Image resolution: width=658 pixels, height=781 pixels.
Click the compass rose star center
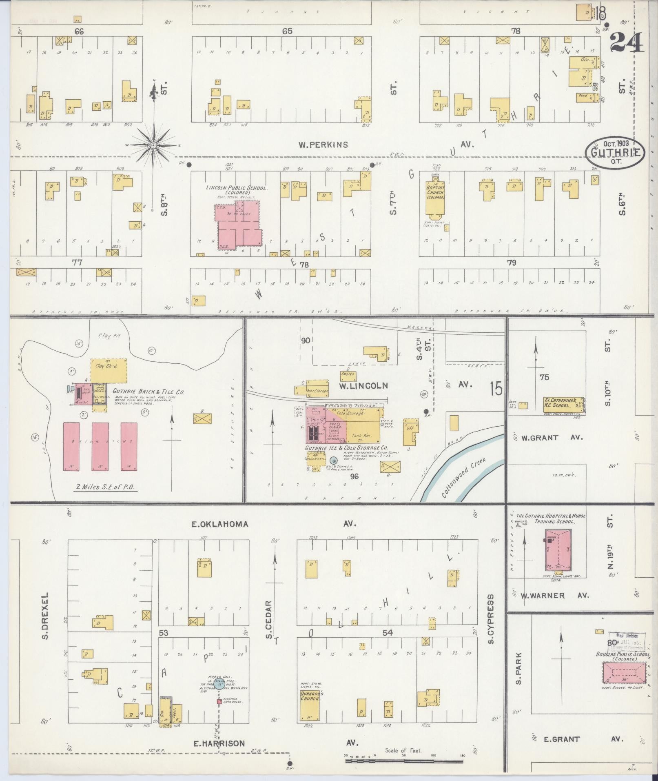pyautogui.click(x=154, y=145)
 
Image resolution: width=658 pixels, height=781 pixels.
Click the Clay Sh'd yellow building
pyautogui.click(x=109, y=370)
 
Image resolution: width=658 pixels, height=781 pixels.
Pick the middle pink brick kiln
pyautogui.click(x=100, y=447)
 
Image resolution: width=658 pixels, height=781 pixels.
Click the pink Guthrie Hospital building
pyautogui.click(x=558, y=550)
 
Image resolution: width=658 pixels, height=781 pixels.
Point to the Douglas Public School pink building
pyautogui.click(x=624, y=672)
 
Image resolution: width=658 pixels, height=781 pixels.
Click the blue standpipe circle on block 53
pyautogui.click(x=219, y=685)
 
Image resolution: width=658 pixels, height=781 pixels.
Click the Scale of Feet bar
pyautogui.click(x=404, y=761)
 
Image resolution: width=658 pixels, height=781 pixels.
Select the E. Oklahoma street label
pyautogui.click(x=220, y=524)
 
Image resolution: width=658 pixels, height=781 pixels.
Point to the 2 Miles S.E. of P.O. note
pyautogui.click(x=106, y=486)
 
